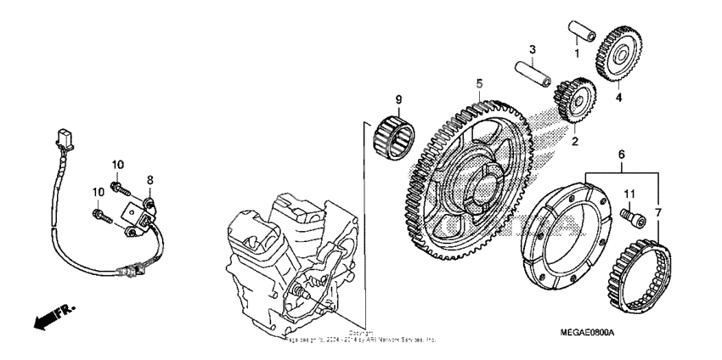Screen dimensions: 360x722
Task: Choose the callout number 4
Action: tap(618, 97)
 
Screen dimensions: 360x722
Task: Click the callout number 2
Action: tap(575, 141)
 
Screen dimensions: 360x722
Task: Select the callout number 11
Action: tap(630, 196)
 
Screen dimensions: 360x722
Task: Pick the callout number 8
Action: tap(150, 180)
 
